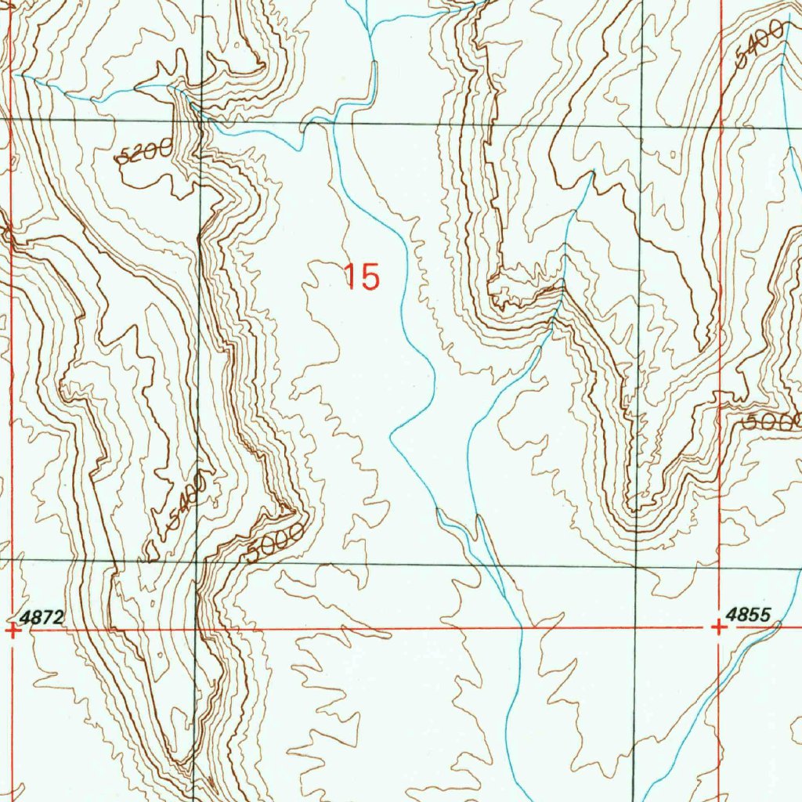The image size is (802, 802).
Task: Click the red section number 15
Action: [x=362, y=276]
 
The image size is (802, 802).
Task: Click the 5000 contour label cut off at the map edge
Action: [x=773, y=421]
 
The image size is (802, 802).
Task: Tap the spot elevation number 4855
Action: [x=749, y=614]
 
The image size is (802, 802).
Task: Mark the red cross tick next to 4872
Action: [x=13, y=630]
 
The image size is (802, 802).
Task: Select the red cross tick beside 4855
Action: [x=719, y=627]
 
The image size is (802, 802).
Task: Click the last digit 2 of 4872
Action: [x=57, y=617]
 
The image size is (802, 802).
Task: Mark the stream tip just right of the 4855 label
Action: [x=779, y=623]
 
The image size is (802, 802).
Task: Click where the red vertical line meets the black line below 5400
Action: [x=721, y=125]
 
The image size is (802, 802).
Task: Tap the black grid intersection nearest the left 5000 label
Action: [x=199, y=561]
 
